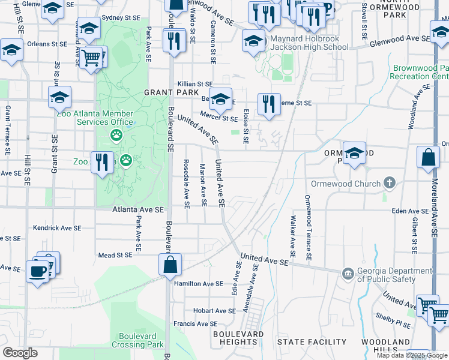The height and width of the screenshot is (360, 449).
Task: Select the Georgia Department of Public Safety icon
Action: click(x=348, y=274)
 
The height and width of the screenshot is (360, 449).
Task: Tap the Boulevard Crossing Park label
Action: click(x=141, y=340)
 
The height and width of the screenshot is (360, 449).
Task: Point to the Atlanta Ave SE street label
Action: click(x=139, y=210)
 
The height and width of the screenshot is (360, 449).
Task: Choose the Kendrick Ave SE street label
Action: click(x=57, y=229)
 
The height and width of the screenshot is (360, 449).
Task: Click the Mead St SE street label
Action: click(x=115, y=256)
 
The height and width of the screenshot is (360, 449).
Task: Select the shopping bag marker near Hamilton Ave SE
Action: click(x=170, y=265)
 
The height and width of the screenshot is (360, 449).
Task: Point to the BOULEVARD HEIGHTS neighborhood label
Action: click(x=238, y=338)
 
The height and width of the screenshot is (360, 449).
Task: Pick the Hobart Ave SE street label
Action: click(x=214, y=311)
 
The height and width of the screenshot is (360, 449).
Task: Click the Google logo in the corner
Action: click(x=20, y=353)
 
